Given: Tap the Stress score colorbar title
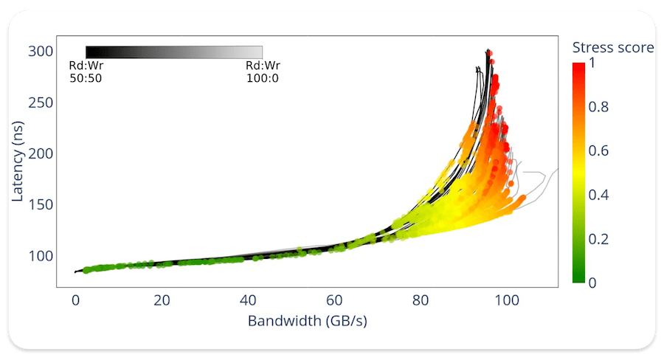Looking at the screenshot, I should (x=613, y=48).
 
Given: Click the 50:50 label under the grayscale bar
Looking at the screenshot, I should (x=86, y=78).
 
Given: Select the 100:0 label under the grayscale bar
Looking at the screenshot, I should (x=263, y=78).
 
